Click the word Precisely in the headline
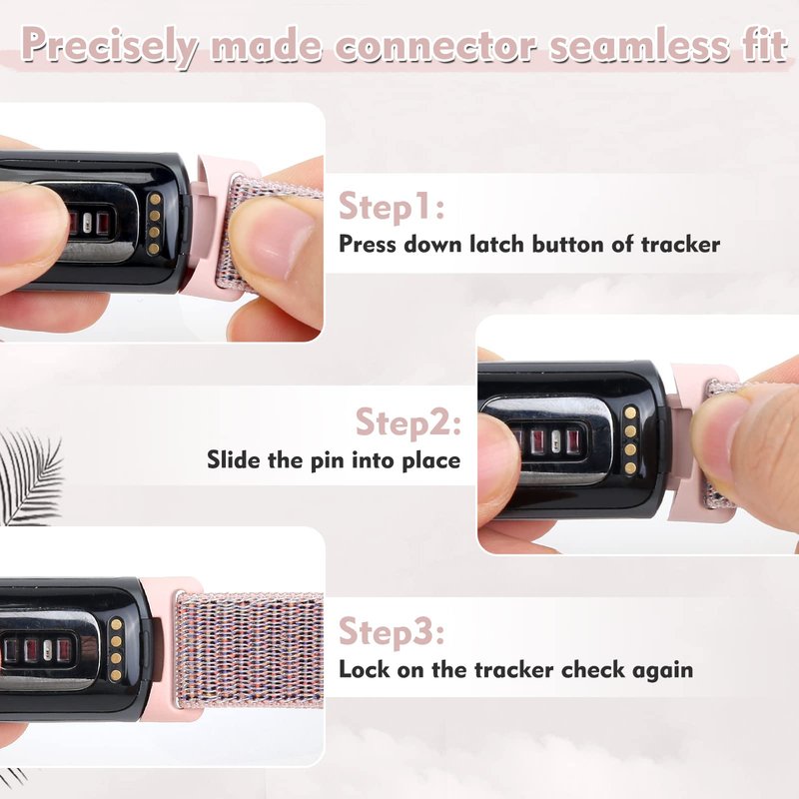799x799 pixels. (x=111, y=46)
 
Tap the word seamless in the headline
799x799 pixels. (x=639, y=45)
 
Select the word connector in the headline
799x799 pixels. (x=435, y=45)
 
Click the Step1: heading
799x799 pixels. (x=392, y=207)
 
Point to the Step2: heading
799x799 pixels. (x=408, y=422)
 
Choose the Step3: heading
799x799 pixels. (x=392, y=632)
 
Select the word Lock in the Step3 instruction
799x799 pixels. (x=365, y=669)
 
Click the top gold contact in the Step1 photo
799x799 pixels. (x=156, y=199)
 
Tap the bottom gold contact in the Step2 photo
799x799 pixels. (x=631, y=467)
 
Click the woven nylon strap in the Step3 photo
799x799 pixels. (x=251, y=649)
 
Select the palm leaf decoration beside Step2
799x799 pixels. (x=31, y=477)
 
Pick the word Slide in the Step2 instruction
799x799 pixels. (x=234, y=460)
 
